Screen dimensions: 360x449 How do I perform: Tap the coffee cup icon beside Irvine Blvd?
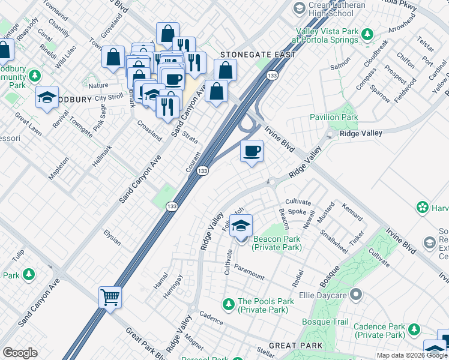coord(252,151)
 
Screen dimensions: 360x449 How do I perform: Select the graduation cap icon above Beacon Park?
coord(241,226)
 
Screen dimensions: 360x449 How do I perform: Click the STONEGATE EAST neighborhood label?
coord(258,55)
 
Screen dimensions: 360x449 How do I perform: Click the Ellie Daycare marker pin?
coord(356,295)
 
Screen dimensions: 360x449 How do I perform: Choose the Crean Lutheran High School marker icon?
coord(299,8)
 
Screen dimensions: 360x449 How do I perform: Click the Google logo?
coord(20,352)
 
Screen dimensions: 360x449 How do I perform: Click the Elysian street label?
coord(112,238)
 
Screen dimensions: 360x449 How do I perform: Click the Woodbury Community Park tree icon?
coord(34,76)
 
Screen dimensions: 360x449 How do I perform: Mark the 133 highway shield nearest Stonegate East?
coord(272,76)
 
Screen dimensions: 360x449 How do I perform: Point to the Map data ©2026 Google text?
coord(412,355)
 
